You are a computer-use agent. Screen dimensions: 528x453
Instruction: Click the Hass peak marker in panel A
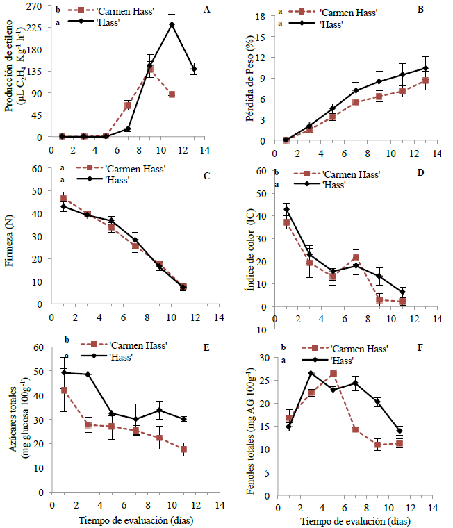(x=172, y=25)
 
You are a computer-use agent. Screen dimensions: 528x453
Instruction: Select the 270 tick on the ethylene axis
(x=32, y=6)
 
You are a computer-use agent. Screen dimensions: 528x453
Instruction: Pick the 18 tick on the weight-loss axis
(x=261, y=15)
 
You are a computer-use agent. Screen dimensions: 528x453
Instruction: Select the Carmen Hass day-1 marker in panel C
(x=63, y=199)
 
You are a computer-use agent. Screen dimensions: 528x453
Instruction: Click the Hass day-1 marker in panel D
(x=286, y=209)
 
